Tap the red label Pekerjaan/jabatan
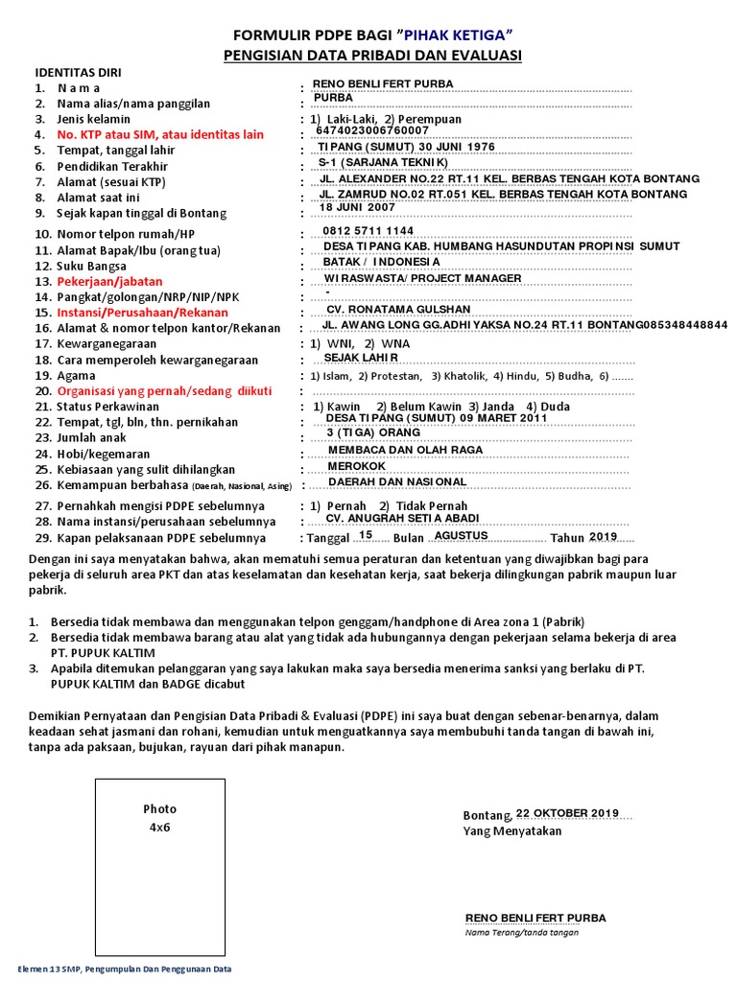click(109, 282)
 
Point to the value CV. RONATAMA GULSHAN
click(398, 310)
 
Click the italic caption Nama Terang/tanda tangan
click(522, 932)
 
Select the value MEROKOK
click(357, 466)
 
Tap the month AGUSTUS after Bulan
click(461, 535)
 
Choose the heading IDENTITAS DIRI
click(78, 72)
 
